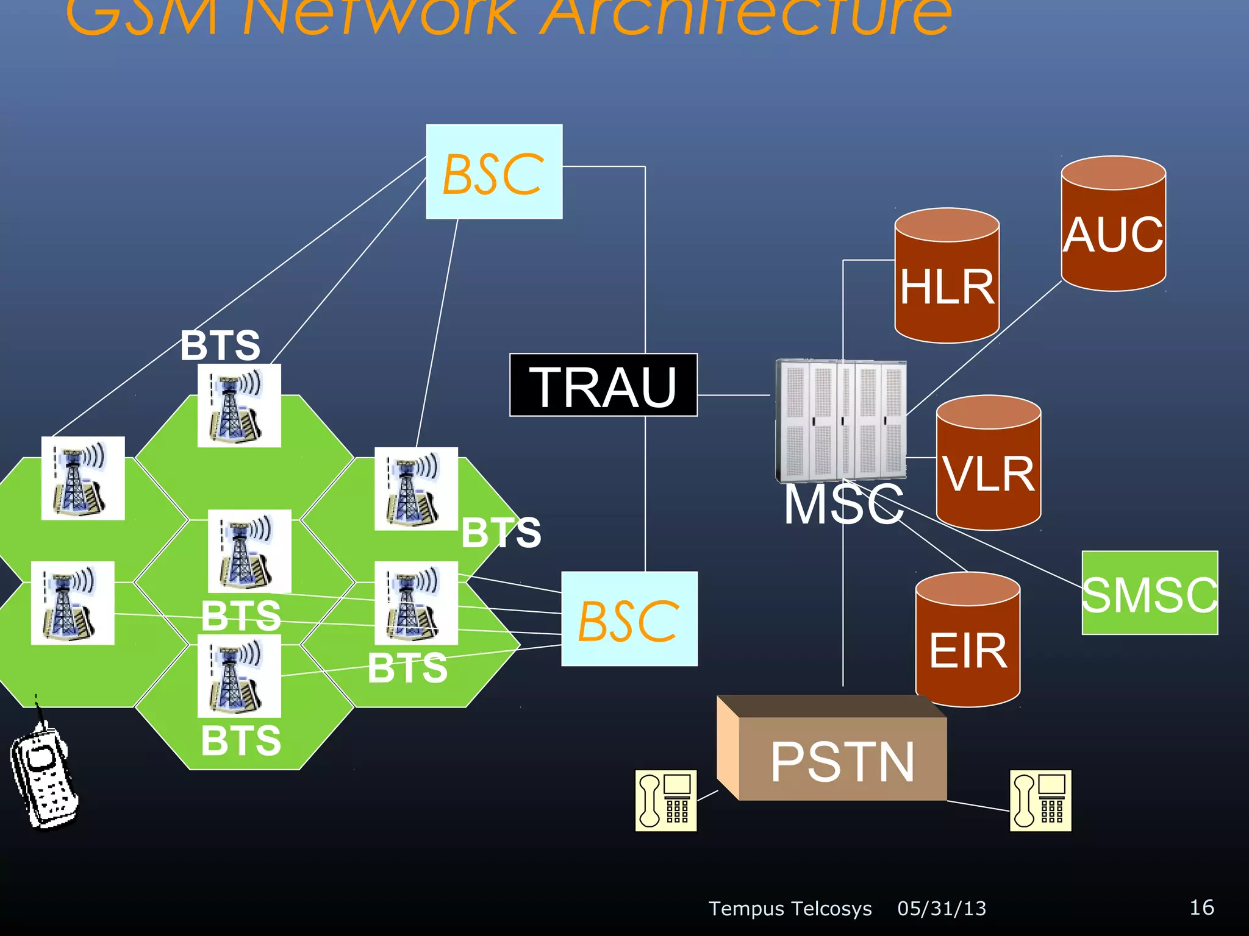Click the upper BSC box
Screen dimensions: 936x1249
point(494,172)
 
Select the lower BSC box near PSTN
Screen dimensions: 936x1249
point(629,619)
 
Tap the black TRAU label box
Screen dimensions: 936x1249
point(603,385)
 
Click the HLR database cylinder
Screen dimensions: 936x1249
point(947,277)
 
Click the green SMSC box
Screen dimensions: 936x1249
point(1150,593)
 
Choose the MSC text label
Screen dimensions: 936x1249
point(843,505)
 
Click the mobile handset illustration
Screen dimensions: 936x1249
point(44,777)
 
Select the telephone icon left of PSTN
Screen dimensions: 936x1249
point(665,800)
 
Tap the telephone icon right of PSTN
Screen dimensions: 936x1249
point(1040,800)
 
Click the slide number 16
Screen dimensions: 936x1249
point(1201,907)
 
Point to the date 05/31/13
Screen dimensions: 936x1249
point(942,909)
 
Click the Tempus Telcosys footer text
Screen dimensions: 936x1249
point(790,909)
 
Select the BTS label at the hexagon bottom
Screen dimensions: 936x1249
point(241,740)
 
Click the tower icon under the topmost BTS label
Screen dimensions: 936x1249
point(239,406)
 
